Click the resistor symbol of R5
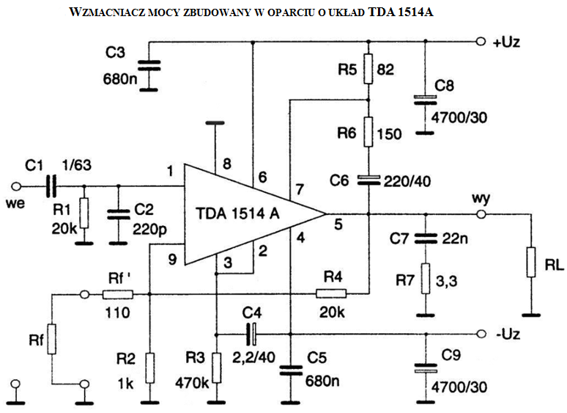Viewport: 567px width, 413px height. tap(368, 69)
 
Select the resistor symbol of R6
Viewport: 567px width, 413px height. tap(368, 132)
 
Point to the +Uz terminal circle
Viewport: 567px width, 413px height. tap(481, 42)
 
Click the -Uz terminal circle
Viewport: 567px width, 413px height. tap(481, 333)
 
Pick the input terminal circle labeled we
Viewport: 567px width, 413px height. tap(16, 186)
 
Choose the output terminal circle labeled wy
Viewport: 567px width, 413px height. tap(481, 214)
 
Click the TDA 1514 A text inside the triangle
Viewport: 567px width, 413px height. tap(237, 213)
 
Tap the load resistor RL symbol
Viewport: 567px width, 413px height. tap(531, 262)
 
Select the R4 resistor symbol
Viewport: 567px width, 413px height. tap(331, 293)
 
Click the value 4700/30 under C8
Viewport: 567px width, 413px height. tap(459, 117)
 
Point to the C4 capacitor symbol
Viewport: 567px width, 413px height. tap(251, 333)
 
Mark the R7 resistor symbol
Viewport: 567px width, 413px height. tap(426, 278)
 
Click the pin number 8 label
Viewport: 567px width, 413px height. tap(227, 164)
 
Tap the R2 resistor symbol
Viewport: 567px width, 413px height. tap(149, 368)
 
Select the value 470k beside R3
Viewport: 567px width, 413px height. tap(192, 383)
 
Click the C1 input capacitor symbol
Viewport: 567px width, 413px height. tap(51, 186)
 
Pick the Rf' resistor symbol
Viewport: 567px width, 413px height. tap(118, 295)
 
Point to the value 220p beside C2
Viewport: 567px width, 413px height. tap(149, 229)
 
